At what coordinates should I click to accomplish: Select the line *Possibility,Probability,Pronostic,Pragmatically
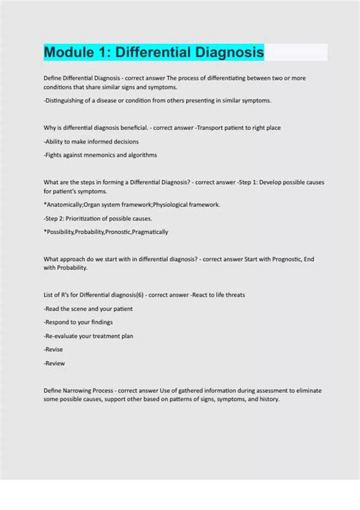tap(106, 232)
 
